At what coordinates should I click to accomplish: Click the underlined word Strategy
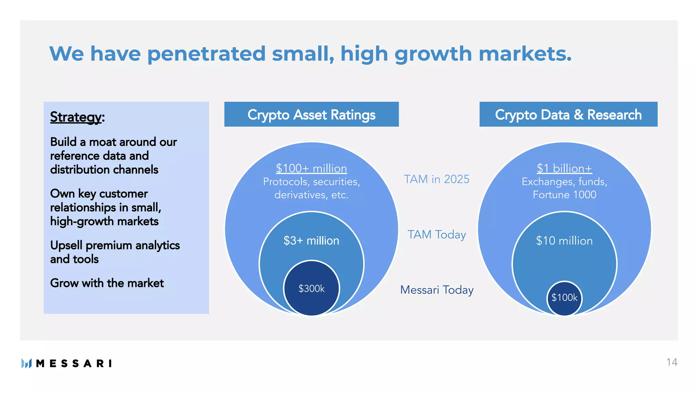76,117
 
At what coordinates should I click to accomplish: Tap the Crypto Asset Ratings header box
311,115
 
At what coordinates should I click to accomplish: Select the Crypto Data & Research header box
568,115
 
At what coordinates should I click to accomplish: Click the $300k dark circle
311,289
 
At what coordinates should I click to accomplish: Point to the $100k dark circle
564,298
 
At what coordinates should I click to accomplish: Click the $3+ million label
311,241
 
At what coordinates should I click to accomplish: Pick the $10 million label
564,241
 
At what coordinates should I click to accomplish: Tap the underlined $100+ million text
311,169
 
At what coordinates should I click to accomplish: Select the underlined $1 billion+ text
564,169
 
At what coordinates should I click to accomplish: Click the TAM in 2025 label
437,179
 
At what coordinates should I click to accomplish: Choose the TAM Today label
437,235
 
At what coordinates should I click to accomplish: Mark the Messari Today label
437,290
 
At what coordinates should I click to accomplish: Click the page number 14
671,362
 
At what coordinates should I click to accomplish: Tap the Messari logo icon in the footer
26,363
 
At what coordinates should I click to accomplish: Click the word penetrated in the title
206,54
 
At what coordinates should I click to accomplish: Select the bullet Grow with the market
107,283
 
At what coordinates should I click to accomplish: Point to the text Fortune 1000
564,195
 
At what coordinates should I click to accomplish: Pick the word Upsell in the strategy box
66,245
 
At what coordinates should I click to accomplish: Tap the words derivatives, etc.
311,195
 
